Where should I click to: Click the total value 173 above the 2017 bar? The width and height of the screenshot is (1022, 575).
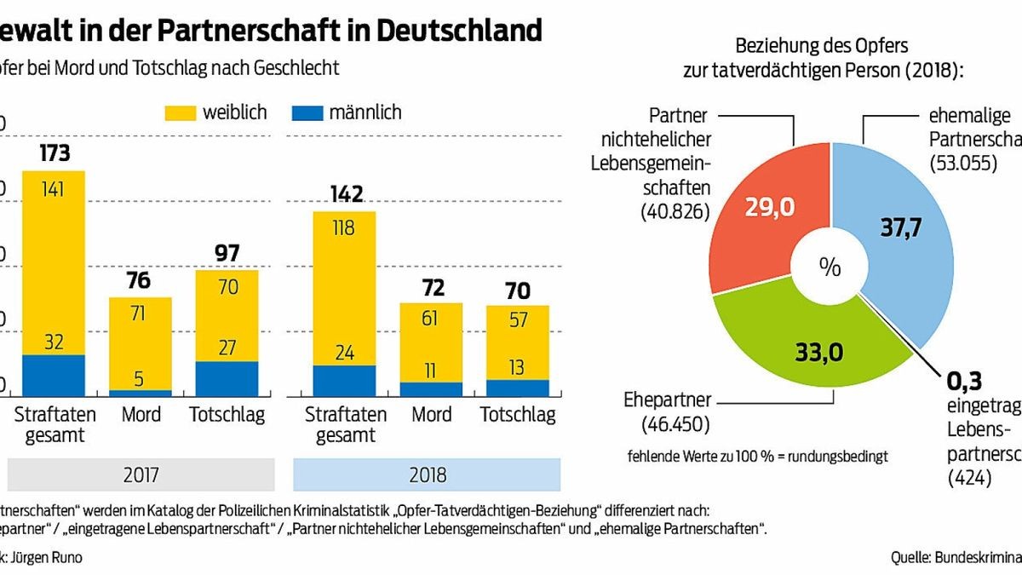coord(54,154)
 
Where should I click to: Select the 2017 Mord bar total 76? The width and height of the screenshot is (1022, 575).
coord(139,280)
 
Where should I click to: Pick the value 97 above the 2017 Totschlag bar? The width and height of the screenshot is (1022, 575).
coord(227,253)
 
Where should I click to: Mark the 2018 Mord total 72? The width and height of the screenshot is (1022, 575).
coord(431,286)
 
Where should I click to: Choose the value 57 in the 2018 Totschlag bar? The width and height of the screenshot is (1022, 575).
coord(517,321)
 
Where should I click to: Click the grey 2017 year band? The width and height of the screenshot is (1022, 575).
coord(141,473)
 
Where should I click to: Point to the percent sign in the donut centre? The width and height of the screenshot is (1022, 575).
coord(830,267)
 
